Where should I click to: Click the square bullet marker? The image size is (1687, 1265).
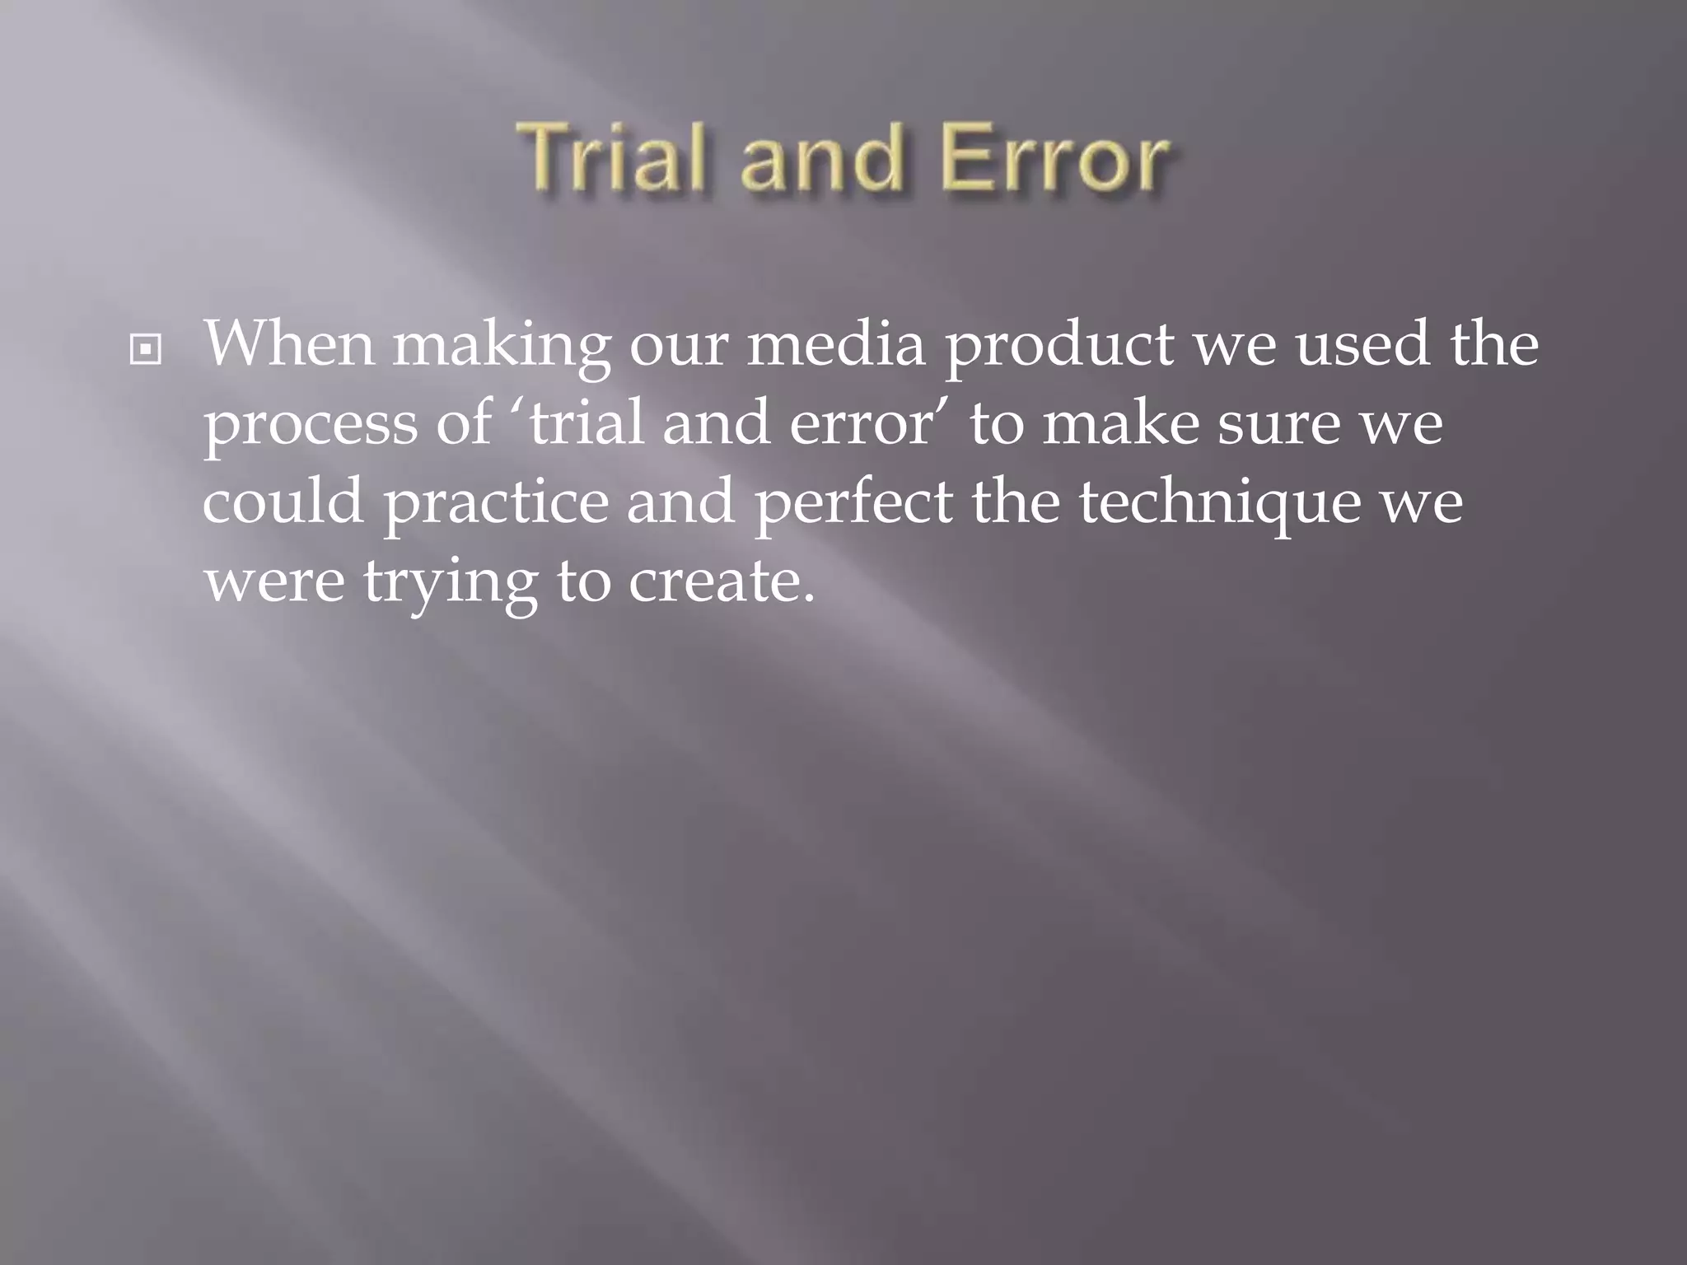146,350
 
